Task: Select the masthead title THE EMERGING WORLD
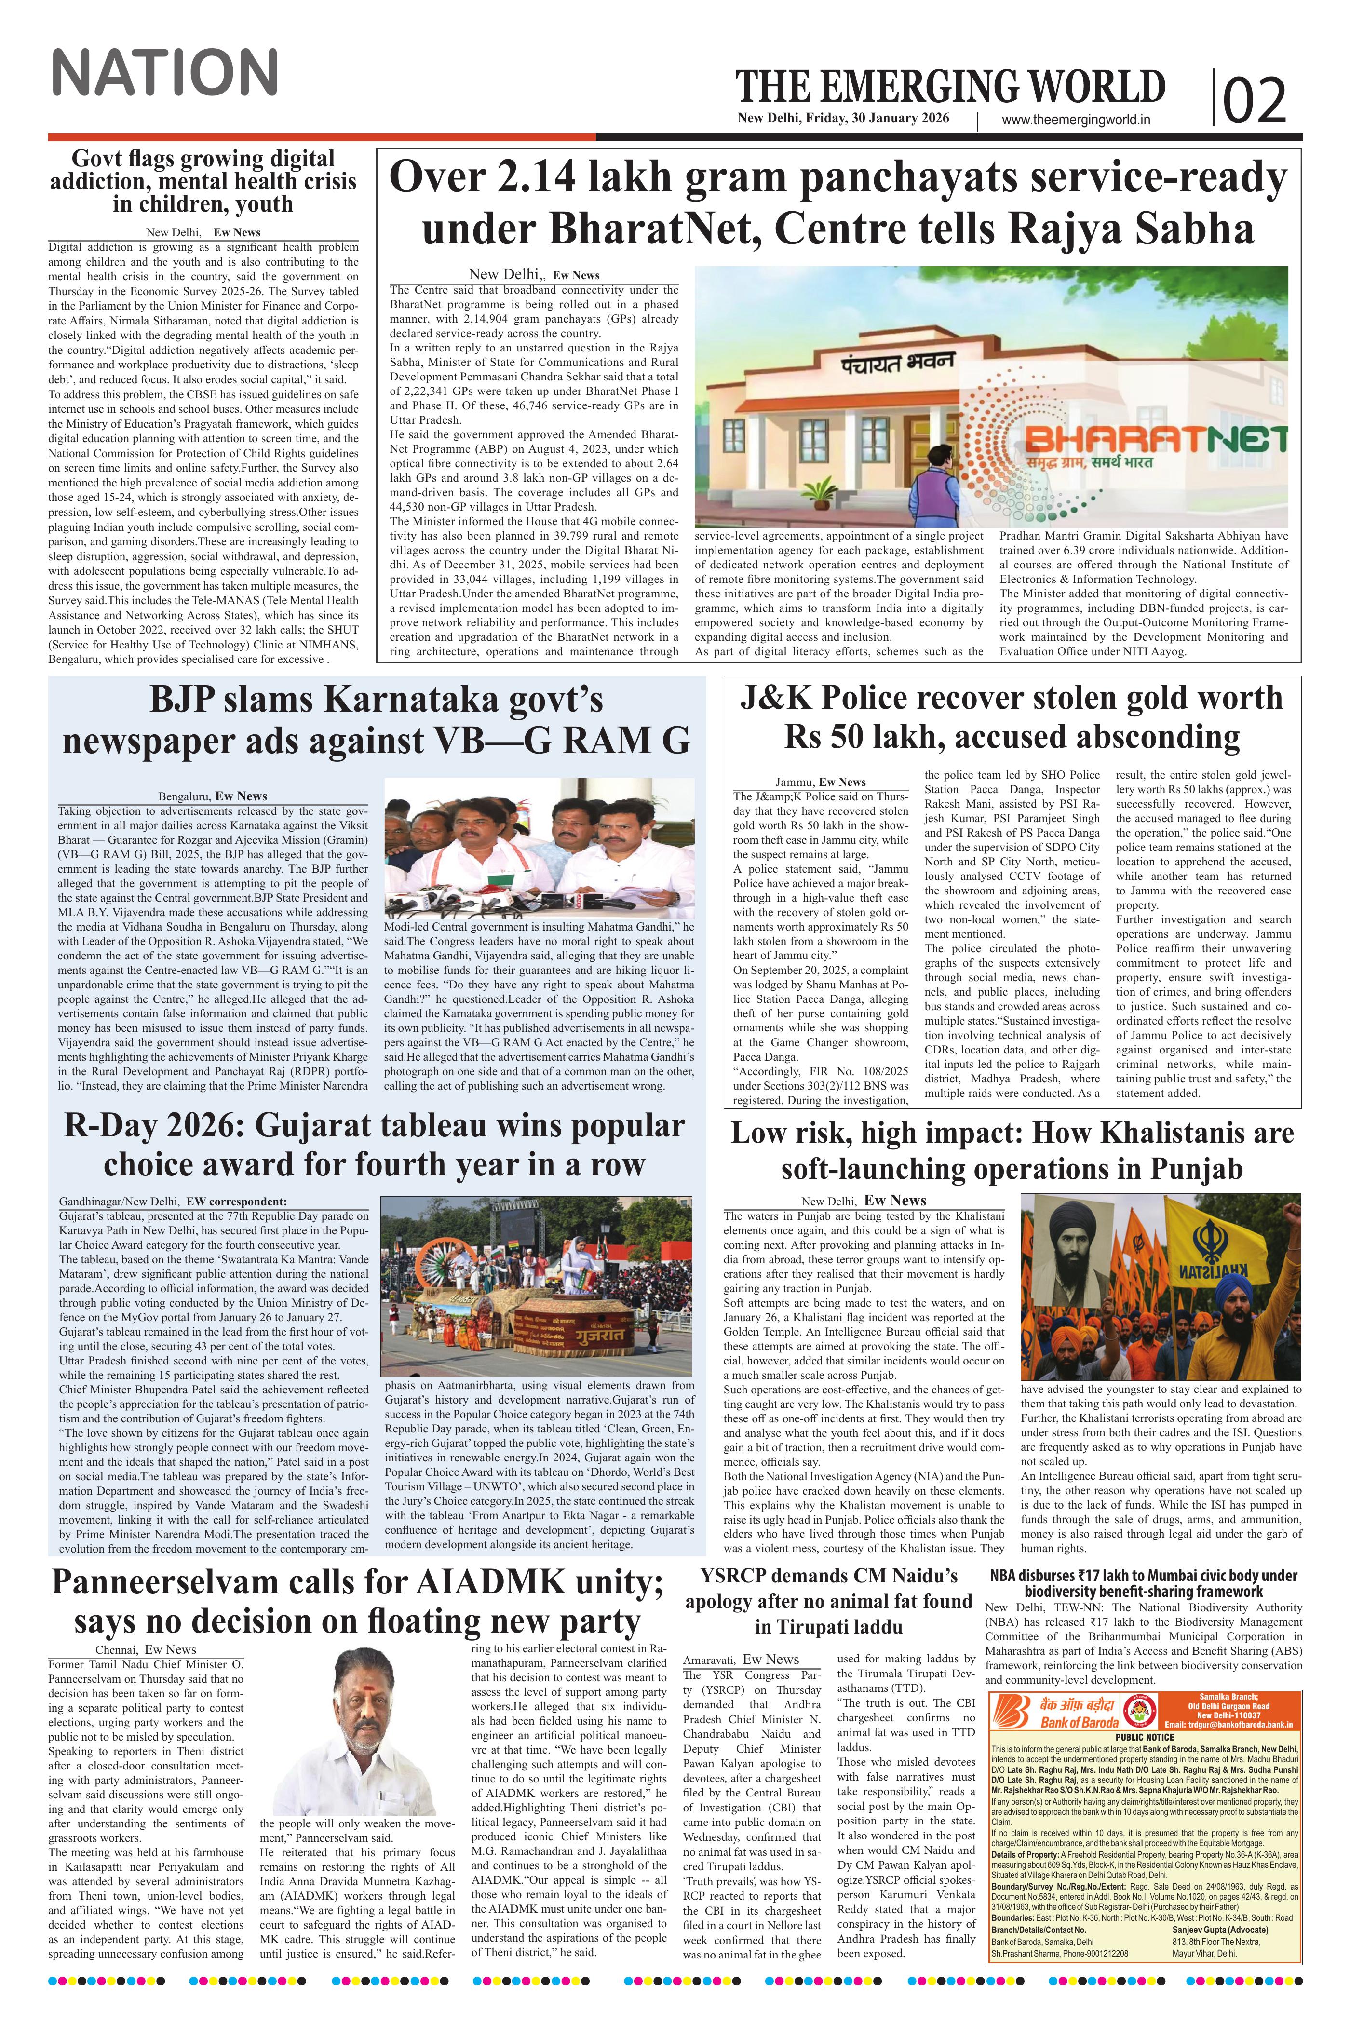(950, 88)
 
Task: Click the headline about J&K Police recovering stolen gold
(1012, 717)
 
